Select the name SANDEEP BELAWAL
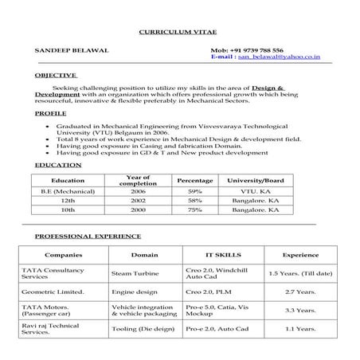(66, 49)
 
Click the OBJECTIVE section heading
(56, 74)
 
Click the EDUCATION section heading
(58, 165)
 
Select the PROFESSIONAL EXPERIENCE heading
(88, 236)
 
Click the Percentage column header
(195, 181)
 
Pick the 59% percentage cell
(195, 192)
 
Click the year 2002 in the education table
(139, 202)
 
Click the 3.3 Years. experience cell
(301, 310)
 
